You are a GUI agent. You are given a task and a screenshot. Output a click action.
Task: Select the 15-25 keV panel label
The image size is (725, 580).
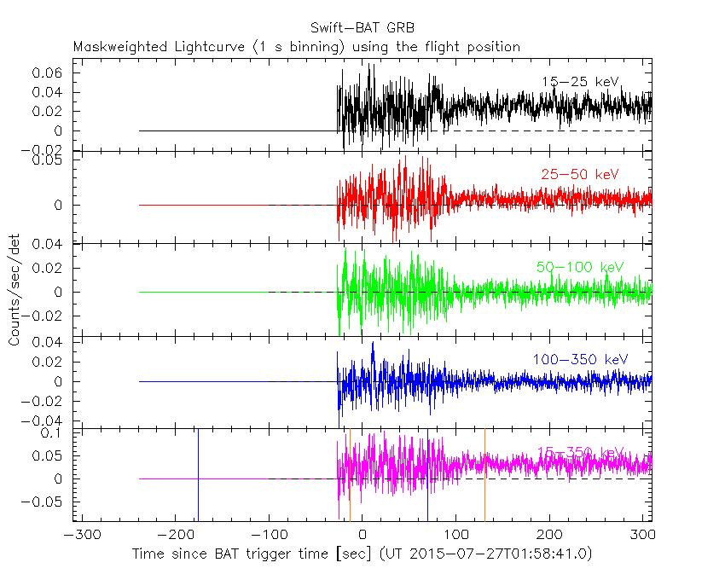coord(580,82)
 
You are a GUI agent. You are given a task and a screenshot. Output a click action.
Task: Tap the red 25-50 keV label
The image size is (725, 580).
coord(580,175)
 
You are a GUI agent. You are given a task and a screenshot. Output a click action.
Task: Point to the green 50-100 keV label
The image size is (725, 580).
coord(580,267)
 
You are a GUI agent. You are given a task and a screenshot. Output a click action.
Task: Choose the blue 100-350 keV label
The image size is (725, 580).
coord(580,359)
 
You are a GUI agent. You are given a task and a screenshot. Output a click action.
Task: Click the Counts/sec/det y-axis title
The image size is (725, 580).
coord(14,289)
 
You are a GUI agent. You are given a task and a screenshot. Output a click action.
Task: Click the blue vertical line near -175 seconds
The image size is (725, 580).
coord(198,473)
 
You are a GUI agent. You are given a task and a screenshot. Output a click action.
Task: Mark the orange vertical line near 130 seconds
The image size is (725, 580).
coord(484,473)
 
